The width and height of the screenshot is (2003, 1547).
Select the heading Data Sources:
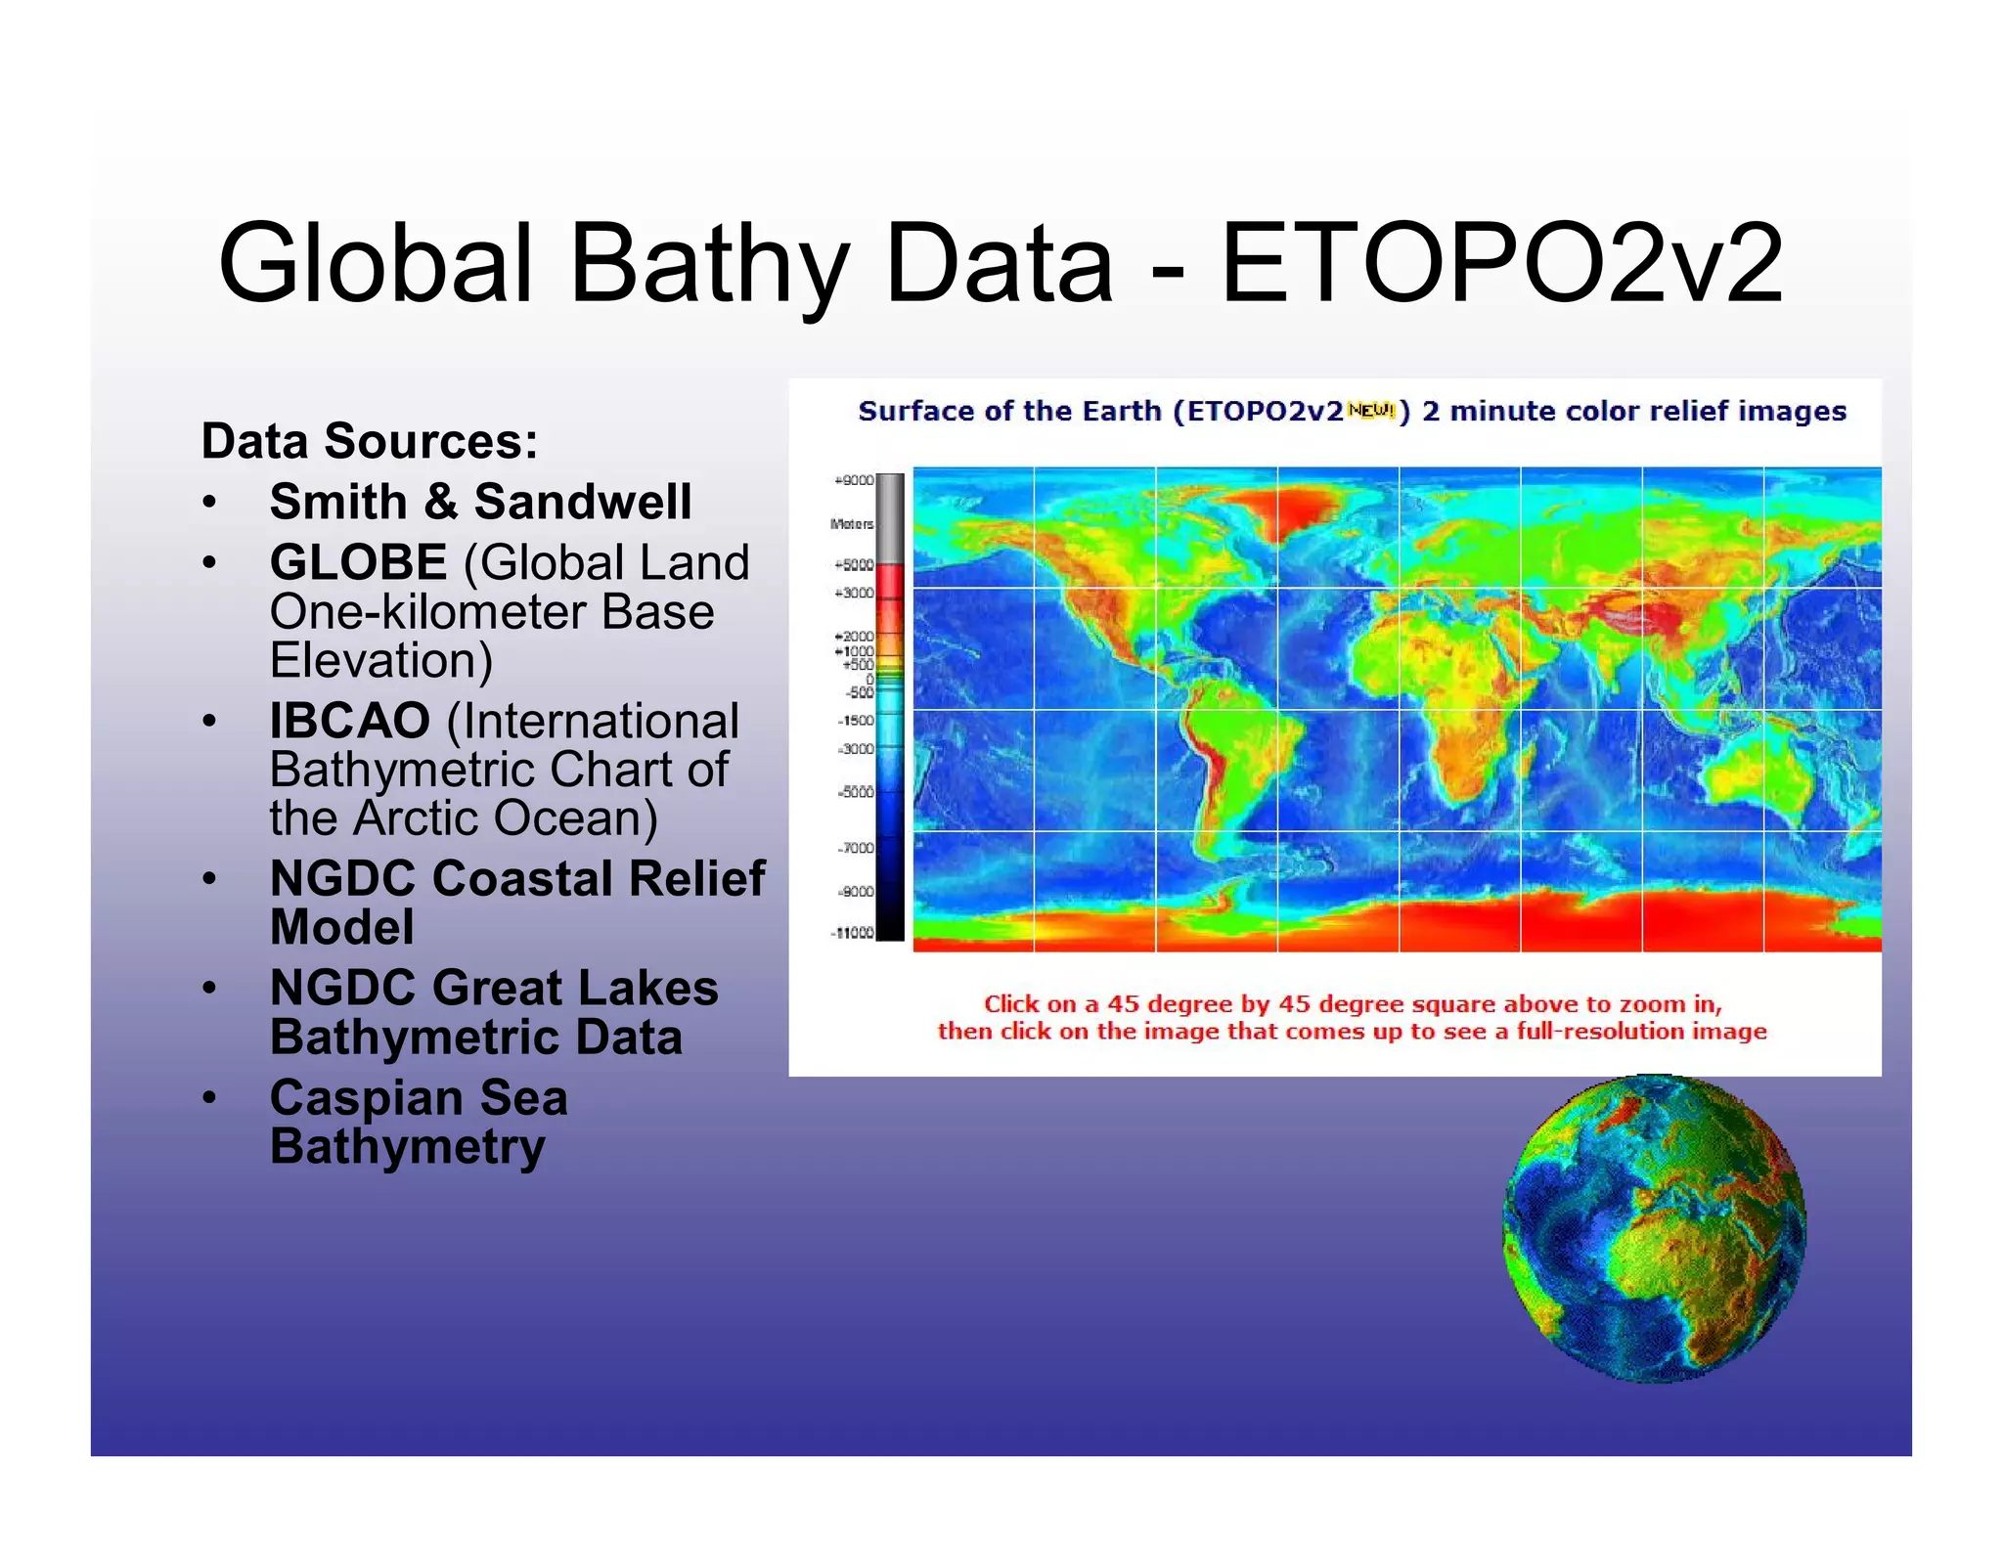[370, 441]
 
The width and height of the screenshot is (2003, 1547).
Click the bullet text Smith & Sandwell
[480, 502]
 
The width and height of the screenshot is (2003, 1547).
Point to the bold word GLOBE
[358, 562]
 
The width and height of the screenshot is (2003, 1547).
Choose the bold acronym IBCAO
[349, 721]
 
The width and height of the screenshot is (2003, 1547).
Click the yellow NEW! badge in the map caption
[1370, 411]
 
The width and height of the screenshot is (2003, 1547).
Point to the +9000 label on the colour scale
[853, 480]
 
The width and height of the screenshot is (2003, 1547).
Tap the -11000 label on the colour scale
[852, 933]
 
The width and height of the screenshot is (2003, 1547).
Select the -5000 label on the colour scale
[855, 792]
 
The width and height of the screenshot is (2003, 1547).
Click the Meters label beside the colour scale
[851, 524]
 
